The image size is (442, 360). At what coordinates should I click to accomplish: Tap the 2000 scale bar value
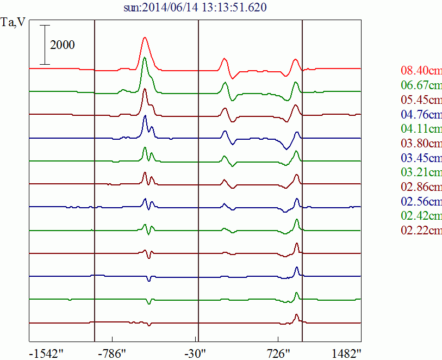tap(63, 45)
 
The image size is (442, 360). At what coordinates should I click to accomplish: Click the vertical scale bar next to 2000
tap(45, 45)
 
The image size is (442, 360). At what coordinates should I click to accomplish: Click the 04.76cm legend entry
tap(421, 114)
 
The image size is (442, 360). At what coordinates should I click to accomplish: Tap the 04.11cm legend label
tap(421, 129)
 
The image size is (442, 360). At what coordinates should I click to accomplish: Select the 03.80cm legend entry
tap(421, 144)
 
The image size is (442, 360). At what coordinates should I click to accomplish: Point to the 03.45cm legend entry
tap(421, 158)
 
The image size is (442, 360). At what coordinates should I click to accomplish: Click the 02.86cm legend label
tap(421, 187)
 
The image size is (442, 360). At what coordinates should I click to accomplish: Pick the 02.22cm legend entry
tap(421, 231)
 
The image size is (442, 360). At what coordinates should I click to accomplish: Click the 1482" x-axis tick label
tap(347, 352)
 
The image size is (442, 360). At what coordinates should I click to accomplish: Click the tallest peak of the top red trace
tap(145, 38)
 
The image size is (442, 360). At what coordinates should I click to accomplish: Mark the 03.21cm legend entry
tap(421, 173)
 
